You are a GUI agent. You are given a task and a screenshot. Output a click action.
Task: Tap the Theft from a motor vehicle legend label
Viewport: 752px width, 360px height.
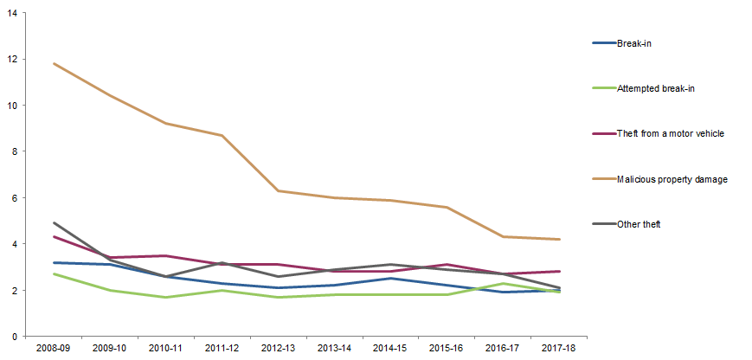670,133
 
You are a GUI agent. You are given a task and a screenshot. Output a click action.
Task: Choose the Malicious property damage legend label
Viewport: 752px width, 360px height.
672,179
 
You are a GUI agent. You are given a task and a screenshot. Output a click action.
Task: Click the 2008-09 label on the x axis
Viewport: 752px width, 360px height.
54,348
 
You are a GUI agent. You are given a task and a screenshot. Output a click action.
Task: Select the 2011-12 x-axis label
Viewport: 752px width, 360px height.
222,348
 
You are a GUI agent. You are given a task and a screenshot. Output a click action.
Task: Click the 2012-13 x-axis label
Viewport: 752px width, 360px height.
279,348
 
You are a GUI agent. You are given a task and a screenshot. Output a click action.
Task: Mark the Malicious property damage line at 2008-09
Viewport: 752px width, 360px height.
54,63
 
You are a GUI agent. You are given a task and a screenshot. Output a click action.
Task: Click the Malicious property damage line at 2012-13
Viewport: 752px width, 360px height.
279,190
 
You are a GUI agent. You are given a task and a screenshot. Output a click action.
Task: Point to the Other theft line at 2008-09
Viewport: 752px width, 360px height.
54,222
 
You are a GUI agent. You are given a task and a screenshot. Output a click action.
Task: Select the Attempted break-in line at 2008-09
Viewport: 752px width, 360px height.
54,273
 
